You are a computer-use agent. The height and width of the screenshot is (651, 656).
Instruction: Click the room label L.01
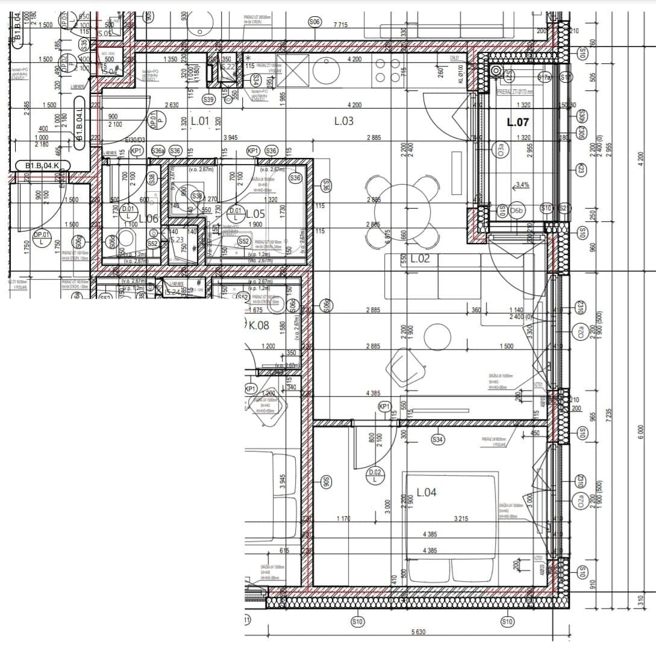click(199, 121)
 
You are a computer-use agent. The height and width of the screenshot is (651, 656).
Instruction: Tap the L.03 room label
click(343, 121)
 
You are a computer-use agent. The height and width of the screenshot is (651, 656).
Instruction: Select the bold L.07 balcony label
click(517, 122)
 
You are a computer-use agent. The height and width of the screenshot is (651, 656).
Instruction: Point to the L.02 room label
click(420, 259)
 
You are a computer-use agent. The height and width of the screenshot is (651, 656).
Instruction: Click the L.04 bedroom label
click(426, 492)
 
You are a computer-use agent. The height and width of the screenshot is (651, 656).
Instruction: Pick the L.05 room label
click(255, 213)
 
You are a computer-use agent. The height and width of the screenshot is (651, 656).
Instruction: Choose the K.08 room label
click(259, 325)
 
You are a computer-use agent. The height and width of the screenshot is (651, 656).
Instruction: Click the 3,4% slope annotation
click(521, 185)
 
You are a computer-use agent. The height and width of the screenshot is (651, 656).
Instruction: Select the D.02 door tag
click(375, 476)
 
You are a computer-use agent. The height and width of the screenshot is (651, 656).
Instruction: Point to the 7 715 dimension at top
click(341, 25)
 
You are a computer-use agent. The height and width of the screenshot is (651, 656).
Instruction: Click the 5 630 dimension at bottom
click(418, 632)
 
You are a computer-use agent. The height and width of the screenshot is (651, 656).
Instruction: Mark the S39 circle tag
click(208, 99)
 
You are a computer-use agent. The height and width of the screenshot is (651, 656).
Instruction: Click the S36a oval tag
click(158, 151)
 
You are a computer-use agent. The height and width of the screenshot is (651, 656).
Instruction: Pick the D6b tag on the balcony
click(517, 210)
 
